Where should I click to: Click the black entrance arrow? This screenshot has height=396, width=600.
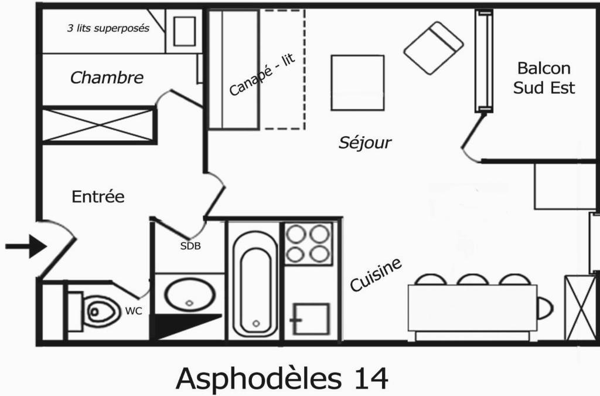26,246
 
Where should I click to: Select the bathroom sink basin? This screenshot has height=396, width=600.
190,295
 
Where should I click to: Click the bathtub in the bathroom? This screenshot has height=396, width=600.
255,284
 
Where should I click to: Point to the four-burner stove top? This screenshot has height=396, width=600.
308,243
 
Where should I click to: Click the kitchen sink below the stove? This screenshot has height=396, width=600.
311,319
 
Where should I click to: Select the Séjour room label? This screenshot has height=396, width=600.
364,143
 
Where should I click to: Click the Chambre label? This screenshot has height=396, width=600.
107,78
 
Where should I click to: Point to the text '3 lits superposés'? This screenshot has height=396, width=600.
108,28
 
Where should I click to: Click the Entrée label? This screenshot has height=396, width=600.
98,197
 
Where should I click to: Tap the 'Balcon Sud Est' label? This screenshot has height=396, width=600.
544,78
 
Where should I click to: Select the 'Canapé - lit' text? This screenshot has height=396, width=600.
262,75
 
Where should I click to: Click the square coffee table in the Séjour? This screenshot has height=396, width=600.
357,83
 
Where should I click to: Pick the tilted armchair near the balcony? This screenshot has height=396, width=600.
434,48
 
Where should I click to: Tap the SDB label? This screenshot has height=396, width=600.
190,246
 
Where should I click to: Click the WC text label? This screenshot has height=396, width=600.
134,312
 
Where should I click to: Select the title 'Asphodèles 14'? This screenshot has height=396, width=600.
282,378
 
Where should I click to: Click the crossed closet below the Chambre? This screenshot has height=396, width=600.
98,125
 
